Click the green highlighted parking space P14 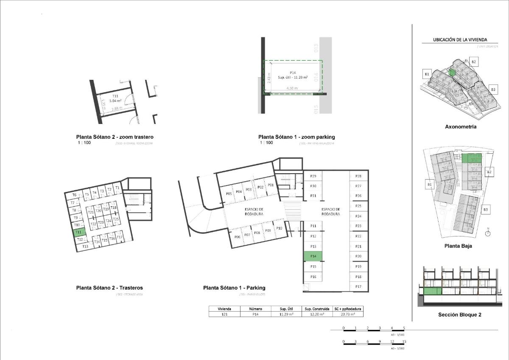pos(313,256)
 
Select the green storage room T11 pos(79,232)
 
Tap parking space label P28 pos(358,176)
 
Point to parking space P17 pos(358,287)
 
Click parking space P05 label pos(229,193)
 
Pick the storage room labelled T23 pos(101,222)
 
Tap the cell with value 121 pos(224,315)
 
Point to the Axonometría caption pos(460,127)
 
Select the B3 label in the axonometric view pos(493,89)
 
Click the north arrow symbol pos(488,232)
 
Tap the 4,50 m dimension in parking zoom pos(292,88)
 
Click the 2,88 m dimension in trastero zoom pos(115,109)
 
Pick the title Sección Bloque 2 pos(459,315)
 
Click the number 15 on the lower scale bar pos(404,341)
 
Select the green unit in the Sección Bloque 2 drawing pos(433,291)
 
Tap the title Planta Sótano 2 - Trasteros pos(109,288)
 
